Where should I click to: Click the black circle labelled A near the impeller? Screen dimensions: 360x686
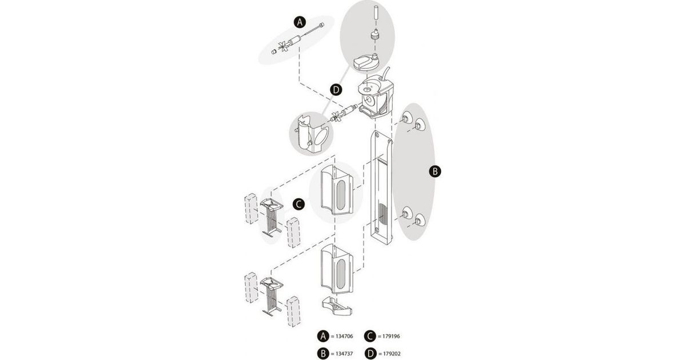298,22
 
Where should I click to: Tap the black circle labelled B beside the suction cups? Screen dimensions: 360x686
435,170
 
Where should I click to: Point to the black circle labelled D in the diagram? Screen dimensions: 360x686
336,90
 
